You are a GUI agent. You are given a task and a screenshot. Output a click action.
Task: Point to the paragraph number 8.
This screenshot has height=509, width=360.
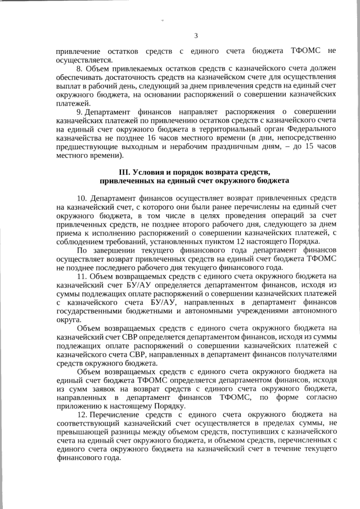point(78,67)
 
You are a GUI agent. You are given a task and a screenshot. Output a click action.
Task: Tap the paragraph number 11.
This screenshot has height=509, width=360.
point(80,276)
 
